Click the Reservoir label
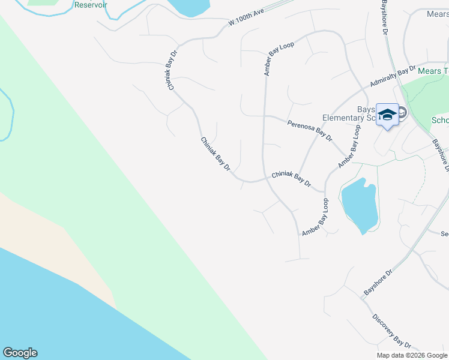[x=90, y=5]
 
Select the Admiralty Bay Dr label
[x=393, y=75]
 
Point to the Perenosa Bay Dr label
[x=309, y=130]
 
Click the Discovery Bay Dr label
[x=391, y=331]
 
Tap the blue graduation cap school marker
[x=387, y=114]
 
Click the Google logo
[x=20, y=353]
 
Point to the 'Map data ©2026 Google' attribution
[x=412, y=355]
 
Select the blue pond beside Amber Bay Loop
[x=359, y=205]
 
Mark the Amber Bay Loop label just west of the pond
[x=316, y=217]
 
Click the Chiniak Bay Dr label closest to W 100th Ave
[x=173, y=70]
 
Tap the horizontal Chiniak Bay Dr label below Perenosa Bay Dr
[x=291, y=178]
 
